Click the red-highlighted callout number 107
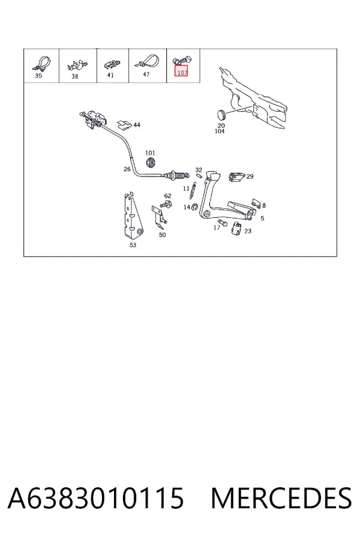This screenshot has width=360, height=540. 182,73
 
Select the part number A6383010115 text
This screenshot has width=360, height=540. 95,498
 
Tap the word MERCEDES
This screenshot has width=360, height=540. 281,498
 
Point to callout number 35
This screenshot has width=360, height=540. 38,76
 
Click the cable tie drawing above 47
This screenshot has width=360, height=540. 147,61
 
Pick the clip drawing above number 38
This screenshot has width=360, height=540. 77,65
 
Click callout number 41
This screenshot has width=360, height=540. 110,75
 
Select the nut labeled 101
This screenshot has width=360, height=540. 150,162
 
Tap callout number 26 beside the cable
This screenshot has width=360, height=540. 127,169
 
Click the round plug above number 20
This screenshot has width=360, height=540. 221,114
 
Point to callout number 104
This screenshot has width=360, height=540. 220,131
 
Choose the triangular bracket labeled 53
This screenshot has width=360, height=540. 133,215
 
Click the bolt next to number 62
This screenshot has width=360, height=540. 166,205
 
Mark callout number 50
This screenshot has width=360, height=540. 162,235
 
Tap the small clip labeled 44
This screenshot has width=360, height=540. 124,125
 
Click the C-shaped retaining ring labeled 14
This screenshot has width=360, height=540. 194,206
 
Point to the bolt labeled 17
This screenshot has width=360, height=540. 222,223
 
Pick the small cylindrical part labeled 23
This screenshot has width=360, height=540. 236,229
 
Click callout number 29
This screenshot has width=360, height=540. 250,176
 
